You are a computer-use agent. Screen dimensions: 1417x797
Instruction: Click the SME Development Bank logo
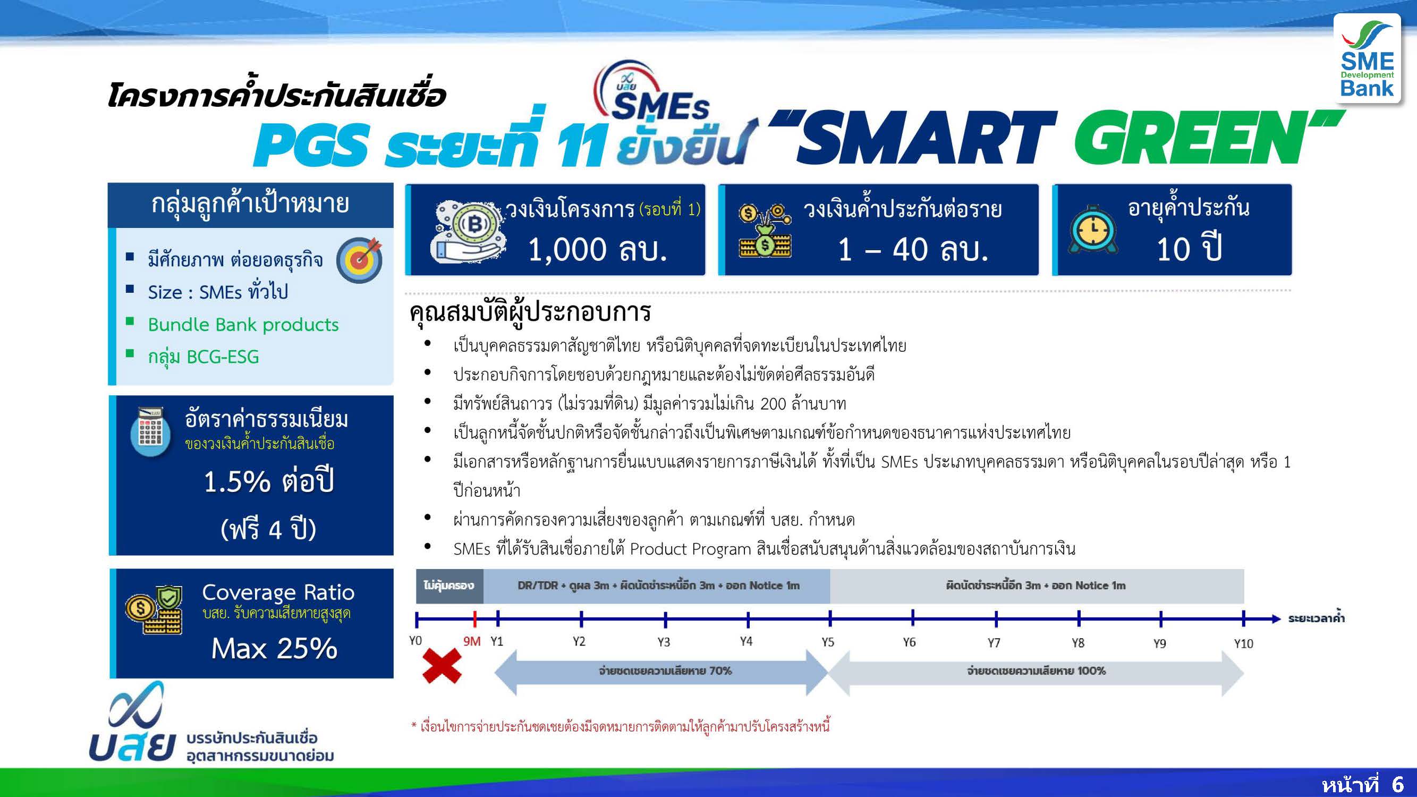[x=1367, y=58]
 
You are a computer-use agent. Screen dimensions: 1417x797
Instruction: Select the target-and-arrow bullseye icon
[x=360, y=260]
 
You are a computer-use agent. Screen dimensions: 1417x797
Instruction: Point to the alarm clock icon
[x=1092, y=230]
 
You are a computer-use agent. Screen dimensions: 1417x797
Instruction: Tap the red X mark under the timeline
[x=442, y=666]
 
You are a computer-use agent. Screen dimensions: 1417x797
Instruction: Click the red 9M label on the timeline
[x=472, y=641]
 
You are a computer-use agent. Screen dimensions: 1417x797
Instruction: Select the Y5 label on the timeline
[x=828, y=642]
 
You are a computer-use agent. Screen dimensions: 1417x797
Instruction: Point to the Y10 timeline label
[x=1243, y=643]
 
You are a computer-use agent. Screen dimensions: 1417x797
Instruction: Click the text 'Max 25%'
[x=274, y=648]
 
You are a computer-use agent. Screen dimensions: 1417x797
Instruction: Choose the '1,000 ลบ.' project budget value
[x=597, y=249]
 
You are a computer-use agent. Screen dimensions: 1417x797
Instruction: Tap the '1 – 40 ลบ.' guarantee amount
[x=913, y=249]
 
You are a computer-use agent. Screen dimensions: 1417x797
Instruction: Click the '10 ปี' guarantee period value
[x=1189, y=249]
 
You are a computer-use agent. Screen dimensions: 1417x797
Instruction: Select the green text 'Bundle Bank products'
[x=243, y=325]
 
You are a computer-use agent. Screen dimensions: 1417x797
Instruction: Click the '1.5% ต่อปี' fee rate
[x=269, y=481]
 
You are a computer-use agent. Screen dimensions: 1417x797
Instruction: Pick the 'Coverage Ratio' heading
[x=278, y=592]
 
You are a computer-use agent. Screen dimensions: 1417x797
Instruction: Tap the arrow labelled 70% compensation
[x=661, y=671]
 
